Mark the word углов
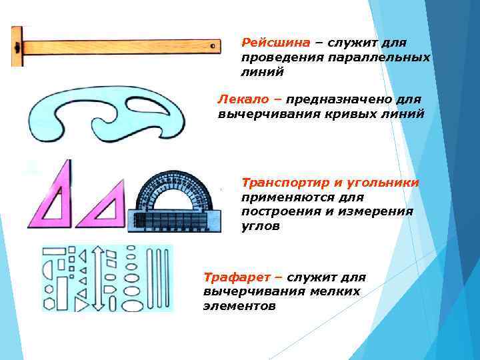click(261, 226)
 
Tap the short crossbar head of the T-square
click(17, 47)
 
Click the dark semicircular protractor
click(175, 200)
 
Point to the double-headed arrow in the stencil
click(96, 278)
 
